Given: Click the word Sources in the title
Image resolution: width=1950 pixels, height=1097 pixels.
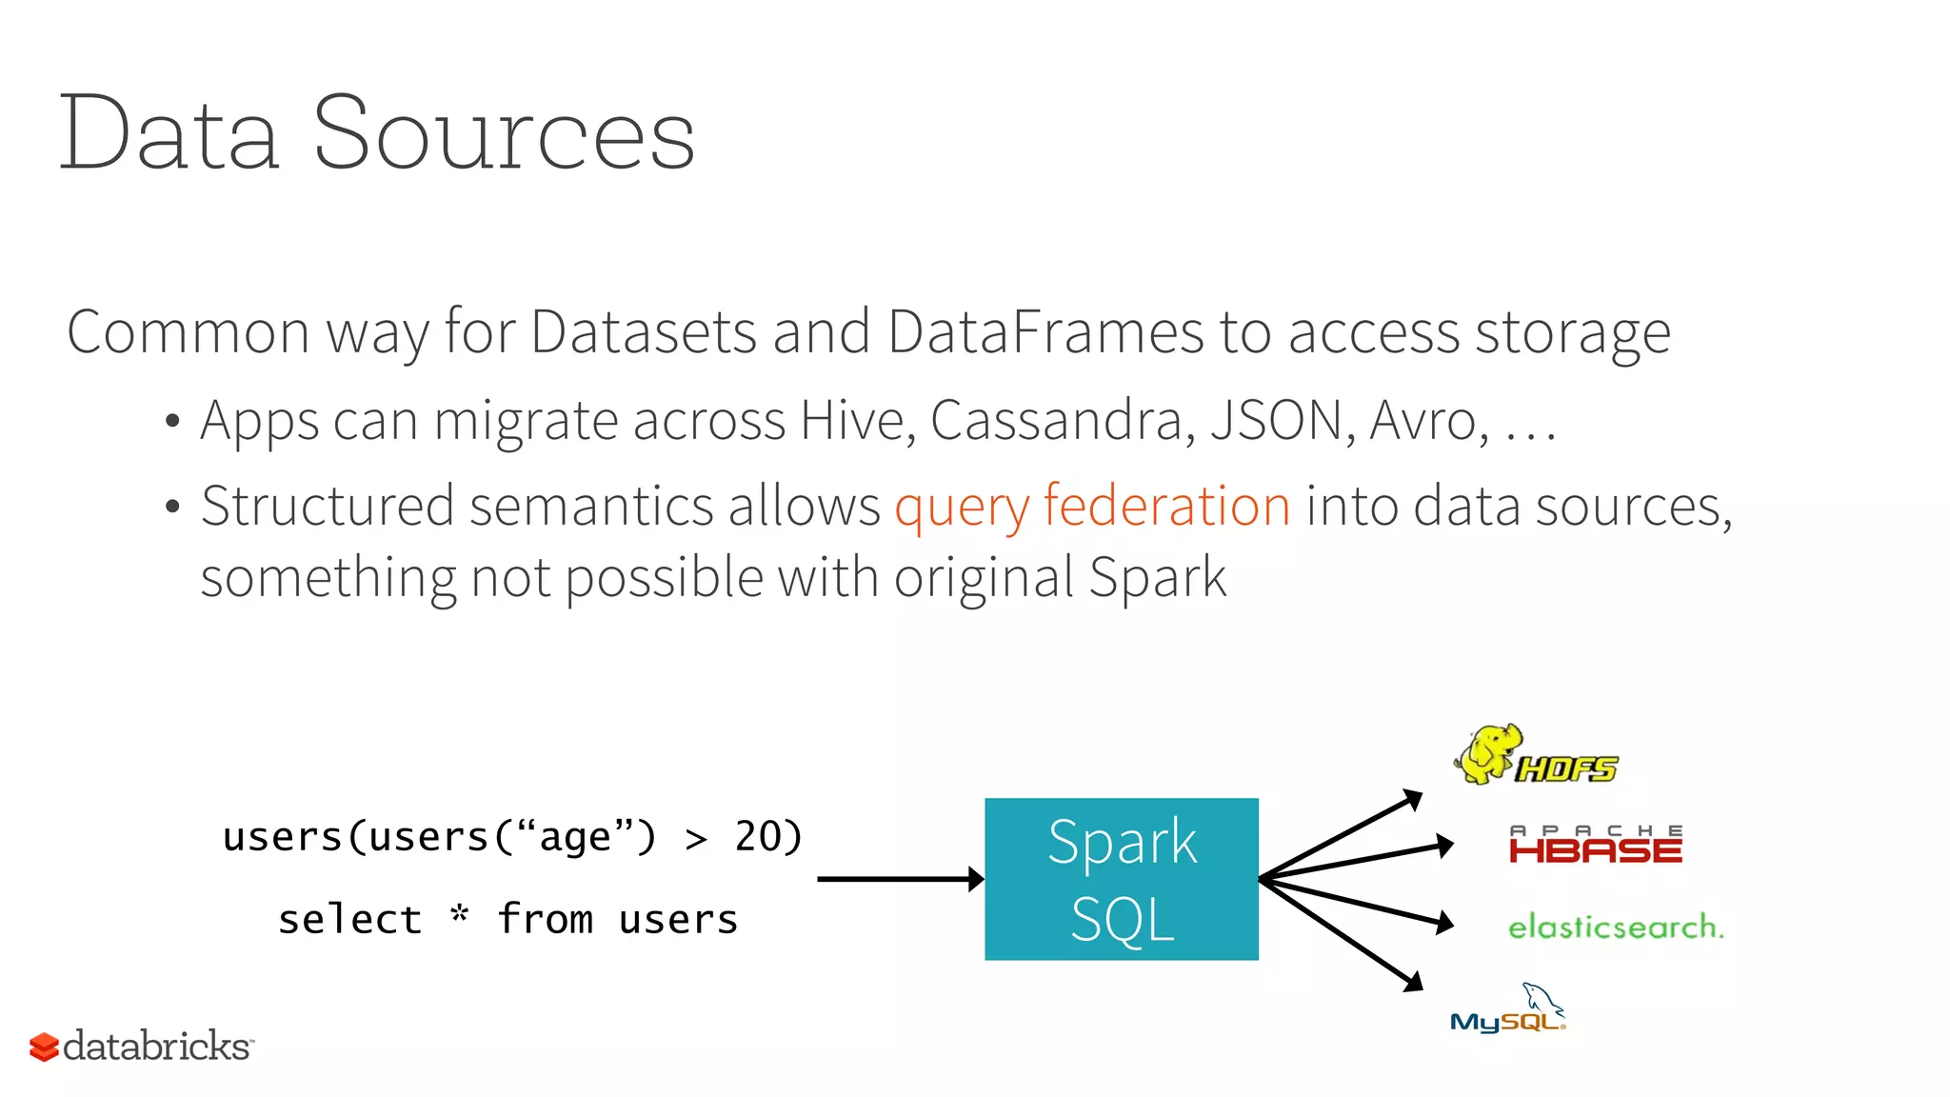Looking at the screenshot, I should [x=504, y=134].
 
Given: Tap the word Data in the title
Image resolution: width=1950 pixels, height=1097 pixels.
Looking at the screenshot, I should [x=169, y=134].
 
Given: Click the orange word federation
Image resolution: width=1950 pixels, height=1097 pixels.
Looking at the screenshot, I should [x=1166, y=506].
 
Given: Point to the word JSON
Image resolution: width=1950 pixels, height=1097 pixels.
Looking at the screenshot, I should [x=1276, y=420].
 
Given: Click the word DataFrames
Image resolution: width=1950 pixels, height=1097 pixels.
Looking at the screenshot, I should [x=1045, y=332].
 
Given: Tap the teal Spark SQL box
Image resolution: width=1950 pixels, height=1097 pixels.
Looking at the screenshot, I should [x=1121, y=879].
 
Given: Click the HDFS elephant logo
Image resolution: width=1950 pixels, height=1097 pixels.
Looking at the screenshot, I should [x=1535, y=755].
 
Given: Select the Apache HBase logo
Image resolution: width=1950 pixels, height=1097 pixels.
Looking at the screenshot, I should [x=1596, y=845].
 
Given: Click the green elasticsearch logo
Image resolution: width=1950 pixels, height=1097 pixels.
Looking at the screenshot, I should [x=1616, y=927].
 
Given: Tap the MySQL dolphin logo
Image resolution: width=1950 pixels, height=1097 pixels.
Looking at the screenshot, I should [x=1507, y=1010].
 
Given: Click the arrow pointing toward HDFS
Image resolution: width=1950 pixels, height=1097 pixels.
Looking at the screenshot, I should [x=1343, y=834].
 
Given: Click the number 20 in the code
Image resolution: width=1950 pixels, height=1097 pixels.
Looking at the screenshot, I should [x=758, y=837].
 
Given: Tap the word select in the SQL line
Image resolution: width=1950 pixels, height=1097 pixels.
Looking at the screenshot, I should [x=349, y=920].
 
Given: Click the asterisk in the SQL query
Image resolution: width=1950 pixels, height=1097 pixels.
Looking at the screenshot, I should [x=460, y=915].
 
